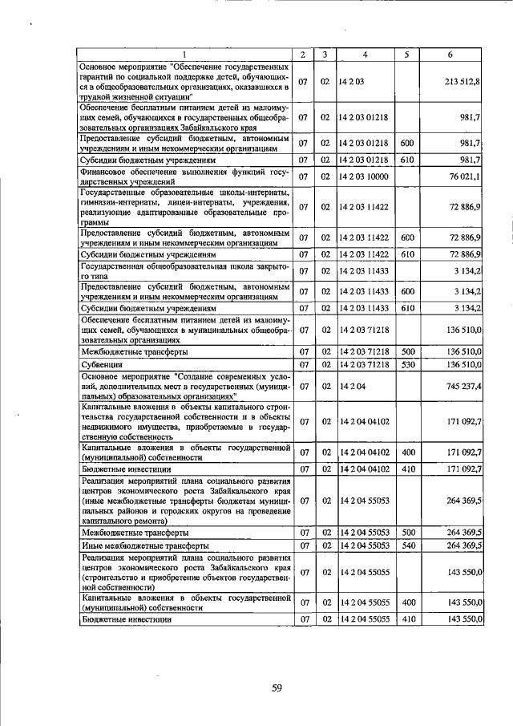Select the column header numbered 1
(x=184, y=55)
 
